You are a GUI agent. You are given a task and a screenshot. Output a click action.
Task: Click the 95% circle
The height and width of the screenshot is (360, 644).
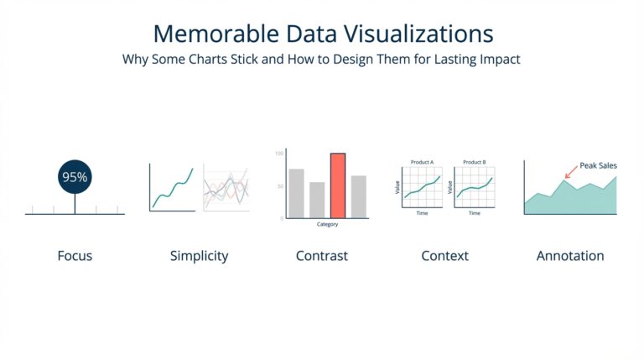coord(75,177)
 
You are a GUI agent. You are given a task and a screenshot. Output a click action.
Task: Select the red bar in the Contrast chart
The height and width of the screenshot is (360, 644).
coord(338,185)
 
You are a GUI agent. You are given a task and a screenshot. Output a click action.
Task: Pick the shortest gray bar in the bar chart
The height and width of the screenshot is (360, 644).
coord(317,200)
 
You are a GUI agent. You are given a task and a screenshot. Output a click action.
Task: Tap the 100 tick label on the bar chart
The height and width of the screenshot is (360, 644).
coord(279,154)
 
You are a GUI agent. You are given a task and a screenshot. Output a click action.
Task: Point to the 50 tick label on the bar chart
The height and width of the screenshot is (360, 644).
coord(280,185)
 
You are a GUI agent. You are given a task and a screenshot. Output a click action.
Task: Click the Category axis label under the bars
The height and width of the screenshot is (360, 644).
coord(327,225)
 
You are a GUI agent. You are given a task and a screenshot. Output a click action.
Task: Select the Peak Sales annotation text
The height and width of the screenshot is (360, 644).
coord(598,165)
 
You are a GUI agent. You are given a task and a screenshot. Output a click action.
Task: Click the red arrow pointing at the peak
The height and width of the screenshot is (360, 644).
coord(570,171)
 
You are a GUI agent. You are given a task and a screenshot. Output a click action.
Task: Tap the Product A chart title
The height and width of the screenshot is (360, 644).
coord(422,161)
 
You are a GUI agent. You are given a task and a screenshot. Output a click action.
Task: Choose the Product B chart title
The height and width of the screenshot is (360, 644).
coord(474,161)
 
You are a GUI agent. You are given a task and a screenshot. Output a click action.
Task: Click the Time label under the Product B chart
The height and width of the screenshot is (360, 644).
coord(474,213)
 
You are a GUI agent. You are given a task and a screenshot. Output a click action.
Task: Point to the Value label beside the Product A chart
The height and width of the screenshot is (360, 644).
coord(397,186)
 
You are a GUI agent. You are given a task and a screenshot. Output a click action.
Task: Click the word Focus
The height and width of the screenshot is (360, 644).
coord(75,256)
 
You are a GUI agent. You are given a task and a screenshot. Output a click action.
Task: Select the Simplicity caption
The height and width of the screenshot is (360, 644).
coord(199,256)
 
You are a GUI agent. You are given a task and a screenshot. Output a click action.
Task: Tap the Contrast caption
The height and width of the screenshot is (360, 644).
coord(321,256)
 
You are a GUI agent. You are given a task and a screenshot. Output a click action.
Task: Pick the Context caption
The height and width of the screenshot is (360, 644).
coord(444,256)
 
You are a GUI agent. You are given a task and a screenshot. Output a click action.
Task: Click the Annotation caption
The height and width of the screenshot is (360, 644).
coord(569,256)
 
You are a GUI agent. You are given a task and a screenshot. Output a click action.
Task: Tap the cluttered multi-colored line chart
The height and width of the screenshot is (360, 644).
coord(226,188)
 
